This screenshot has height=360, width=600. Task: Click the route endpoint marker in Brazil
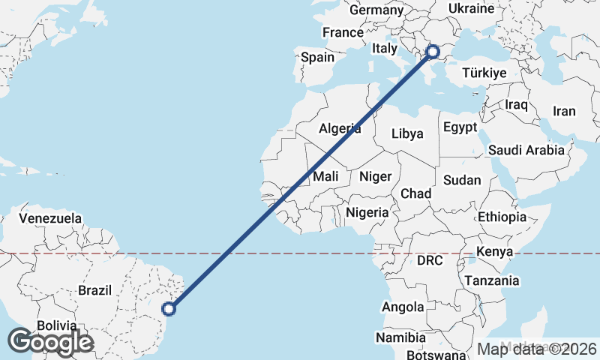tap(169, 307)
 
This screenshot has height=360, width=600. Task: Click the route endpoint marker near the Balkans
tap(433, 51)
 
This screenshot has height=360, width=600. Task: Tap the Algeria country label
tap(340, 128)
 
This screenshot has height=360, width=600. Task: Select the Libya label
tap(408, 133)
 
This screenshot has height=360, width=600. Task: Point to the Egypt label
tap(460, 127)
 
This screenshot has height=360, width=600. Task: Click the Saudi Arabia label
tap(526, 150)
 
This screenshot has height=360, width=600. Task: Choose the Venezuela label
tap(50, 218)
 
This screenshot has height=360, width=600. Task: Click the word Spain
tap(317, 57)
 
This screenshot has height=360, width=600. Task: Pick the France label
tap(343, 32)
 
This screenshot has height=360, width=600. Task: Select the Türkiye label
tap(484, 73)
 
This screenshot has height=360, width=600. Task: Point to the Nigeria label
tap(367, 212)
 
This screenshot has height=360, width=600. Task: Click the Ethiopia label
tap(502, 217)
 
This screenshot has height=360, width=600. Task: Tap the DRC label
tap(430, 261)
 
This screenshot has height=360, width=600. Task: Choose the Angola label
tap(403, 307)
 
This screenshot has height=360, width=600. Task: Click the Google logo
tap(50, 342)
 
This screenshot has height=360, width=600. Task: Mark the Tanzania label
tap(492, 280)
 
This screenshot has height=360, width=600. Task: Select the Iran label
tap(564, 111)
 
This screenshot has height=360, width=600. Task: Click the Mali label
tap(325, 176)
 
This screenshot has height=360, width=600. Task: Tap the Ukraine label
tap(471, 8)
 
